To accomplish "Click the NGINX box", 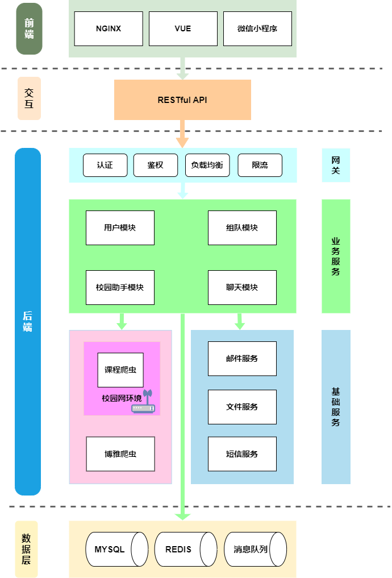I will click(109, 28).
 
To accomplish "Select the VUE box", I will click(183, 28).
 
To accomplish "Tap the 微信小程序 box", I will click(257, 28).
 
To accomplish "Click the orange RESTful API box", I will click(182, 100).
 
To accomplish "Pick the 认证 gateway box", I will click(105, 165).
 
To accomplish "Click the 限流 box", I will click(260, 165).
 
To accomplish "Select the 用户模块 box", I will click(120, 228).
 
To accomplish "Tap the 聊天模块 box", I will click(242, 287).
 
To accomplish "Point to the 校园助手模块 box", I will click(120, 287).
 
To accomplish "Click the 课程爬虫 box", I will click(120, 370).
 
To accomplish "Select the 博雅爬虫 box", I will click(120, 454).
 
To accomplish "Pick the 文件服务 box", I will click(242, 407).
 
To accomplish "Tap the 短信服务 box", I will click(242, 454).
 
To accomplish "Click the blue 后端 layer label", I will click(28, 321).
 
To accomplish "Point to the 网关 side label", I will click(336, 165).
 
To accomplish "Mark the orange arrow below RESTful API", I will click(182, 134).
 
